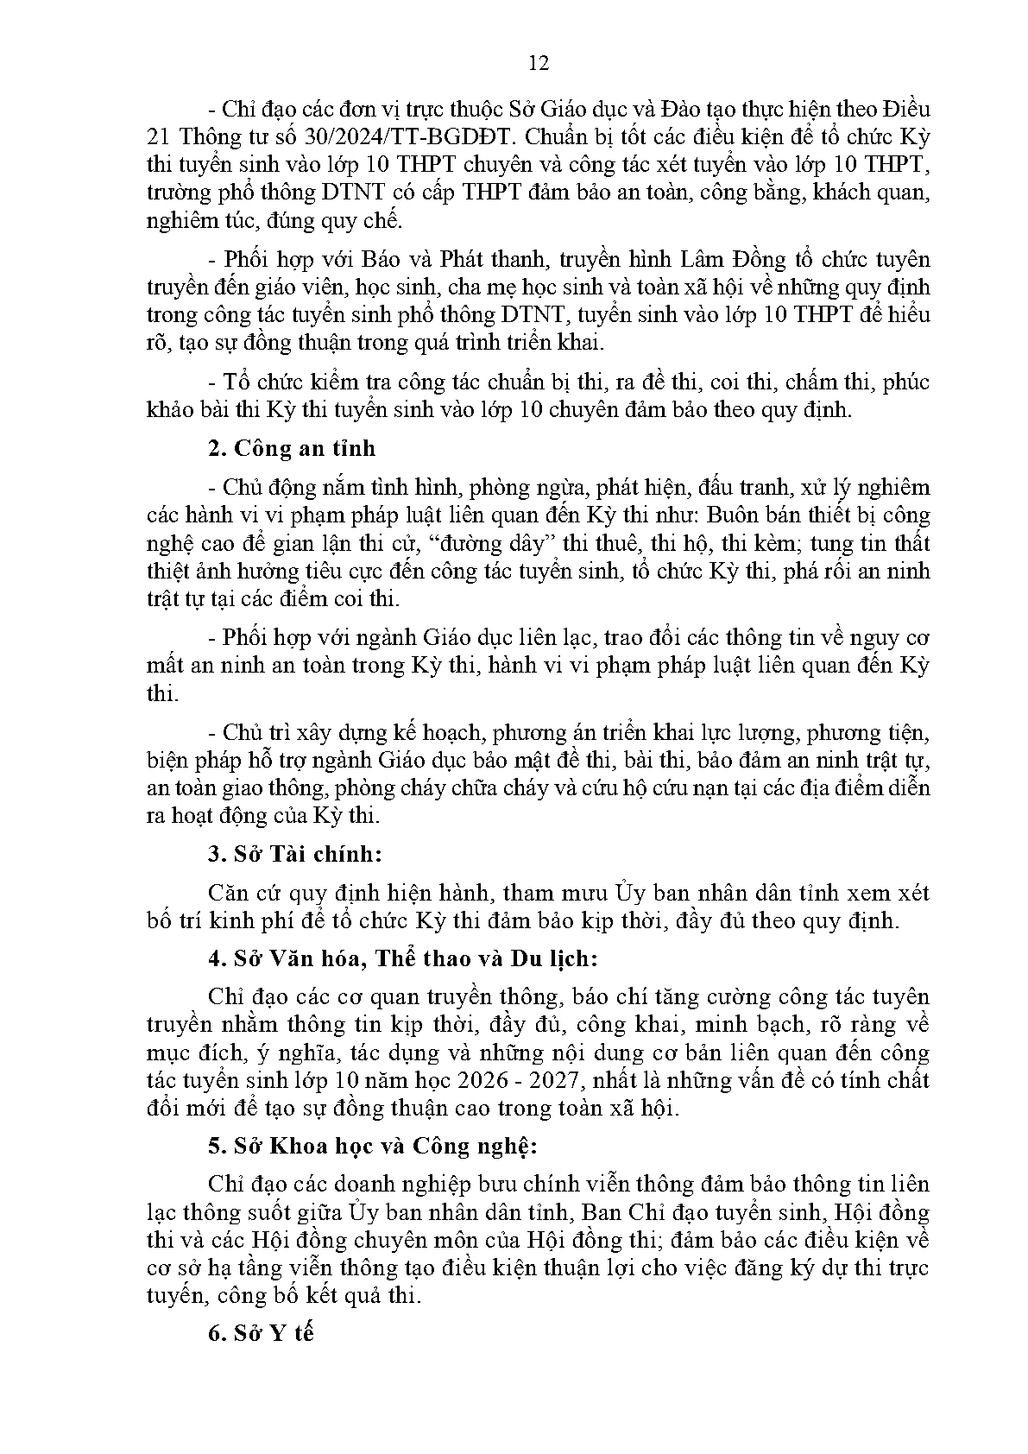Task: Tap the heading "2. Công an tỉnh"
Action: click(292, 449)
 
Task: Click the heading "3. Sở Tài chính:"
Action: click(294, 854)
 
